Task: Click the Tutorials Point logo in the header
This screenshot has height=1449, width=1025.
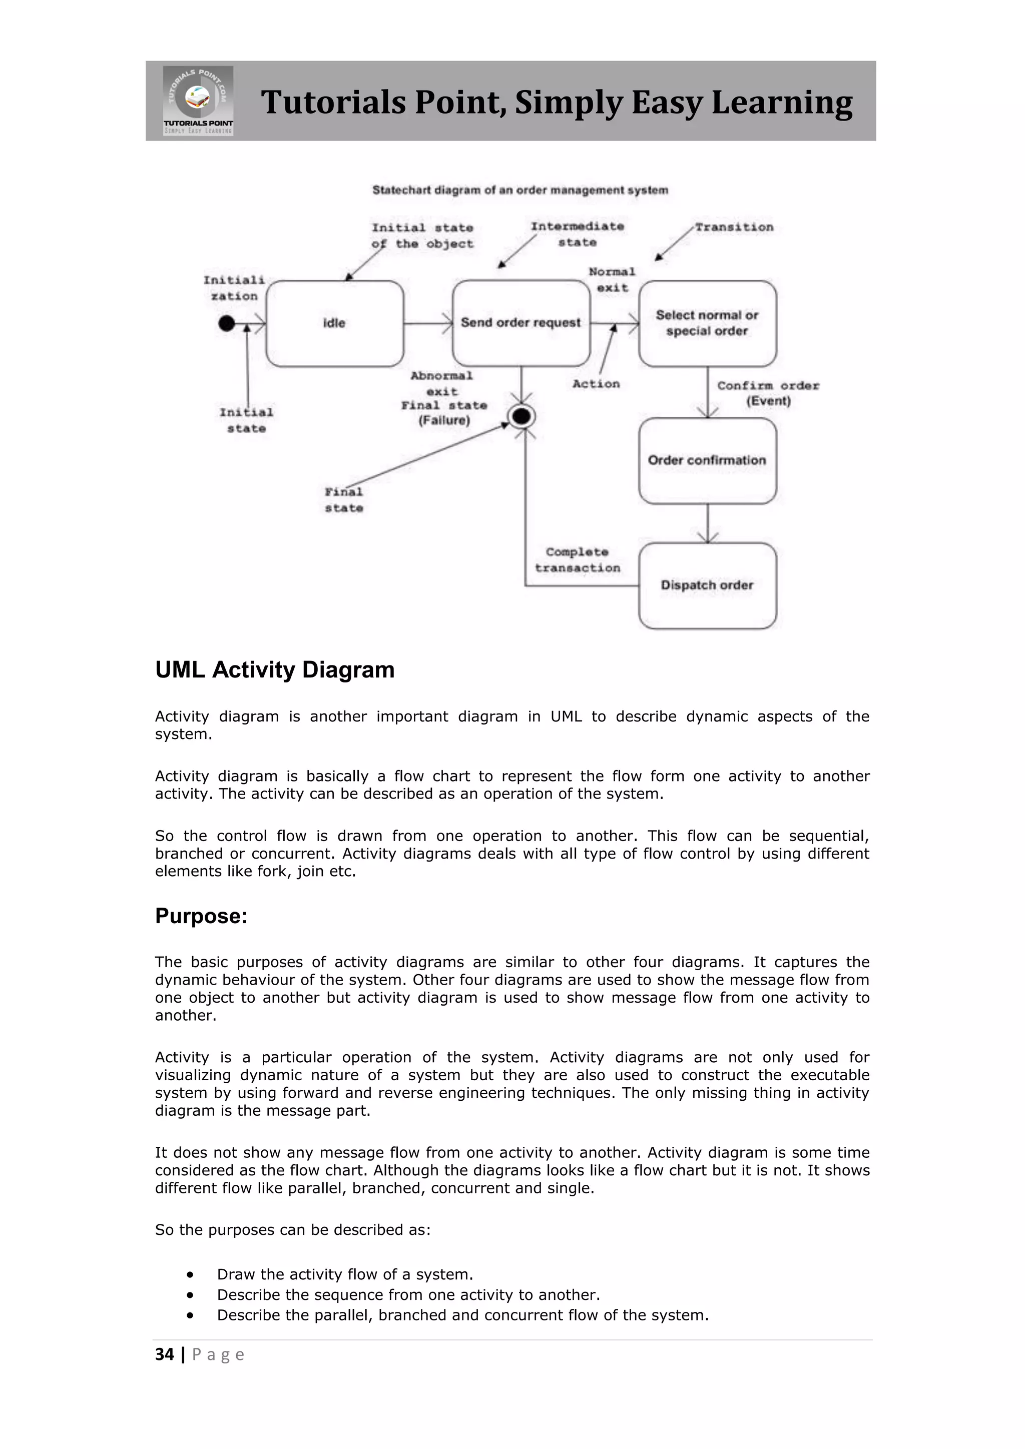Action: click(198, 101)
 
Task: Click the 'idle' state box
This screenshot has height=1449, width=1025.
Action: click(334, 323)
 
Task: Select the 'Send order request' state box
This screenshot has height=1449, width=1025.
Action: click(521, 323)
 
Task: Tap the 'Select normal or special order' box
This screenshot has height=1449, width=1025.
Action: click(707, 323)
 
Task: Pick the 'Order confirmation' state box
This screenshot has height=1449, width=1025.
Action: click(707, 460)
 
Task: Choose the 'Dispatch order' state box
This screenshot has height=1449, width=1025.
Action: click(707, 585)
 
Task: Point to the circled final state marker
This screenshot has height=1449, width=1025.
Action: click(522, 416)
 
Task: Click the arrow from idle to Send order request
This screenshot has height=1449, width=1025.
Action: click(428, 324)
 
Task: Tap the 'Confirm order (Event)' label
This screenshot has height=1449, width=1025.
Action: click(767, 393)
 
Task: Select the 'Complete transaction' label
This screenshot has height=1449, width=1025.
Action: click(577, 560)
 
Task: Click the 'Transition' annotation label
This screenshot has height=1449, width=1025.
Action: click(734, 227)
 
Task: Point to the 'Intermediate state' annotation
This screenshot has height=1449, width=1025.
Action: click(577, 234)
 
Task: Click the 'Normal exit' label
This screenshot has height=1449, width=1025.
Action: click(612, 280)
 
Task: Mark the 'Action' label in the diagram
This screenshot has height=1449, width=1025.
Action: click(596, 384)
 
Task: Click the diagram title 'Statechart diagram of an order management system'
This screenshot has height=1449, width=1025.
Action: click(520, 190)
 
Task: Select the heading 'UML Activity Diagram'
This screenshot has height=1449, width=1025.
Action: click(275, 669)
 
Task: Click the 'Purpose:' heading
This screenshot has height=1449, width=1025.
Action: click(201, 916)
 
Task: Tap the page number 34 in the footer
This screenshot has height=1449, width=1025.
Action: click(165, 1354)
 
